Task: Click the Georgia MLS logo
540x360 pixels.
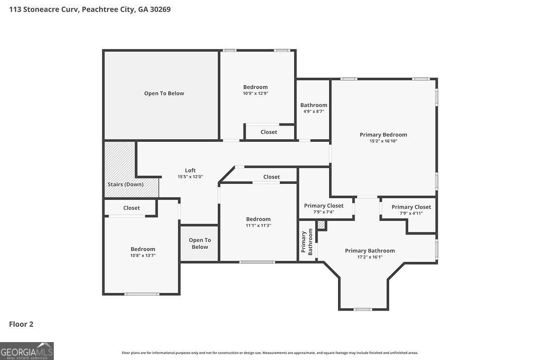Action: [26, 351]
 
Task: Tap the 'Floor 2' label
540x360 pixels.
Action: [21, 324]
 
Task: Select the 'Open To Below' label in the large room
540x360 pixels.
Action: [164, 93]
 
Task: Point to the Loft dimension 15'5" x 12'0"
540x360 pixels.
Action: [190, 177]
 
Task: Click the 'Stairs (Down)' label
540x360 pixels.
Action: [126, 184]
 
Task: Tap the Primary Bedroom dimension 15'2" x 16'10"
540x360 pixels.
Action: [383, 141]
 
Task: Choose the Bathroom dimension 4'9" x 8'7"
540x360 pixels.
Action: [314, 112]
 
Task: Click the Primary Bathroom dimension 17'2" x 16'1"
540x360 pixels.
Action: [370, 257]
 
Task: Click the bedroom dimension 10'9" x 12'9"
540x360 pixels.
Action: [255, 93]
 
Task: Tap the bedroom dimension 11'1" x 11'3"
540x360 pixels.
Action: [258, 226]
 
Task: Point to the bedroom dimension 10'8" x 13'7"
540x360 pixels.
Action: [143, 256]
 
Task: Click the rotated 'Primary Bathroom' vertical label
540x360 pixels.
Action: [307, 243]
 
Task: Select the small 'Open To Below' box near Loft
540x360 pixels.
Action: [199, 244]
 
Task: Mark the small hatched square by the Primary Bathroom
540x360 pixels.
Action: [322, 226]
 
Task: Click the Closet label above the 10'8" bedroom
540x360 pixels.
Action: [131, 208]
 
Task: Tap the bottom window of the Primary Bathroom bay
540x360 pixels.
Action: [363, 309]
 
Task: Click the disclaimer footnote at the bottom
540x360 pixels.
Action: [269, 353]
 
